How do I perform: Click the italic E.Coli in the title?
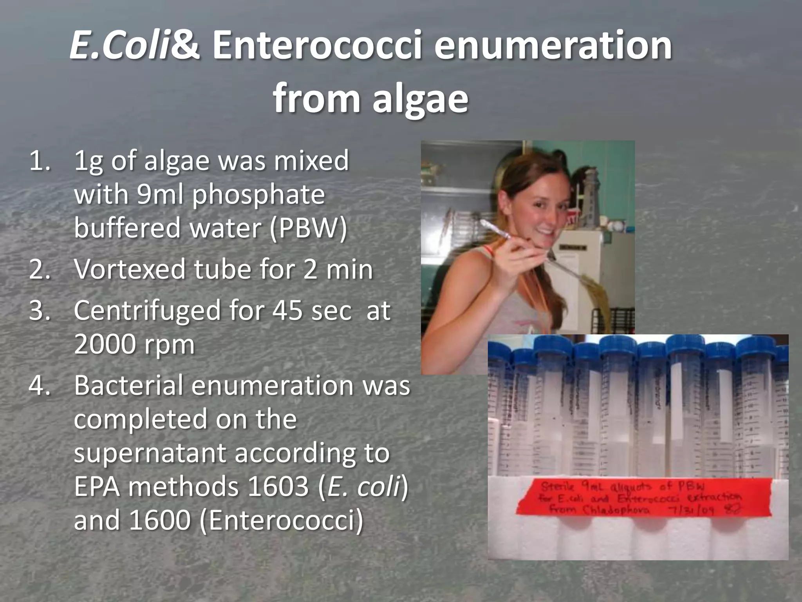(120, 46)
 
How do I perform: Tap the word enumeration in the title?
(553, 46)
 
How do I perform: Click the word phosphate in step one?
(258, 195)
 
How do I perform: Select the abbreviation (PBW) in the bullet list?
(308, 228)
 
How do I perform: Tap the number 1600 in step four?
(159, 520)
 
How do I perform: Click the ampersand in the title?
(186, 46)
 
